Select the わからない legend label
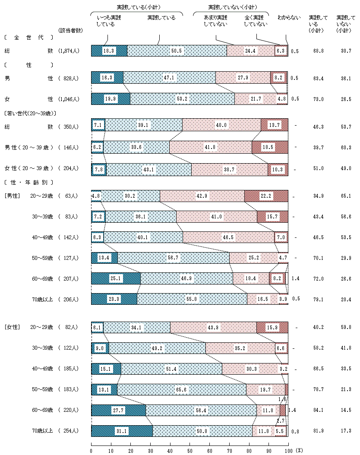[x=289, y=18]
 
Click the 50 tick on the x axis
[x=189, y=450]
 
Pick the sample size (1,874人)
[x=69, y=51]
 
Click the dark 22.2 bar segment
[x=266, y=196]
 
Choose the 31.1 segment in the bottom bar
[x=122, y=431]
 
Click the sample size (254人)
[x=69, y=431]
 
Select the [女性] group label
[x=13, y=327]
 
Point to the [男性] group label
[x=13, y=196]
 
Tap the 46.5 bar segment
[x=228, y=237]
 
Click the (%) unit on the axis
[x=300, y=450]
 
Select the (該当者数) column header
[x=70, y=30]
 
